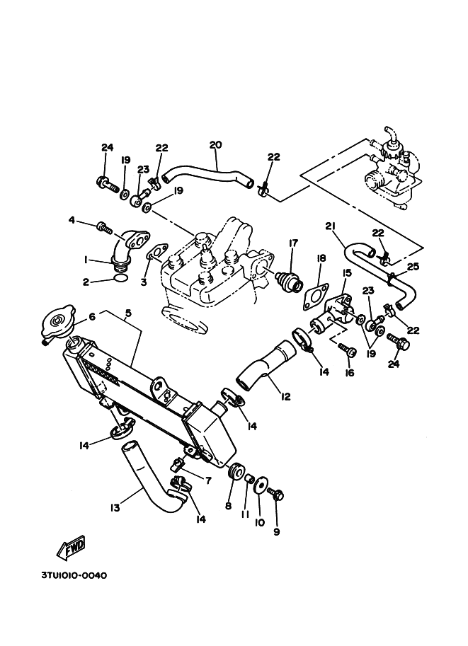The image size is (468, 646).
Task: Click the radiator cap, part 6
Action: pyautogui.click(x=57, y=321)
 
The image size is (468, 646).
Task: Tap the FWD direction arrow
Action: pyautogui.click(x=72, y=548)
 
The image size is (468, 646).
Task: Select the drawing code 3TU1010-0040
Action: pyautogui.click(x=74, y=575)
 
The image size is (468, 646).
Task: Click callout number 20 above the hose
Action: pyautogui.click(x=215, y=144)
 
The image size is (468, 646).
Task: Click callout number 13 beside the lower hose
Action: pyautogui.click(x=115, y=507)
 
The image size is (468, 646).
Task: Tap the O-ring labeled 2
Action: pyautogui.click(x=120, y=279)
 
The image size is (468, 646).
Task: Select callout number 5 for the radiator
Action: pyautogui.click(x=128, y=313)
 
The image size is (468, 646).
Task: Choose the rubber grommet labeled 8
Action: pyautogui.click(x=236, y=472)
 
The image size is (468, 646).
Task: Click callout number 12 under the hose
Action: pyautogui.click(x=285, y=396)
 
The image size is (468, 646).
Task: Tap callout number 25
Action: pyautogui.click(x=413, y=266)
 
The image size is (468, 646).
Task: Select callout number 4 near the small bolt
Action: pyautogui.click(x=72, y=221)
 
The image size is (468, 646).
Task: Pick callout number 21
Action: pyautogui.click(x=330, y=226)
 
